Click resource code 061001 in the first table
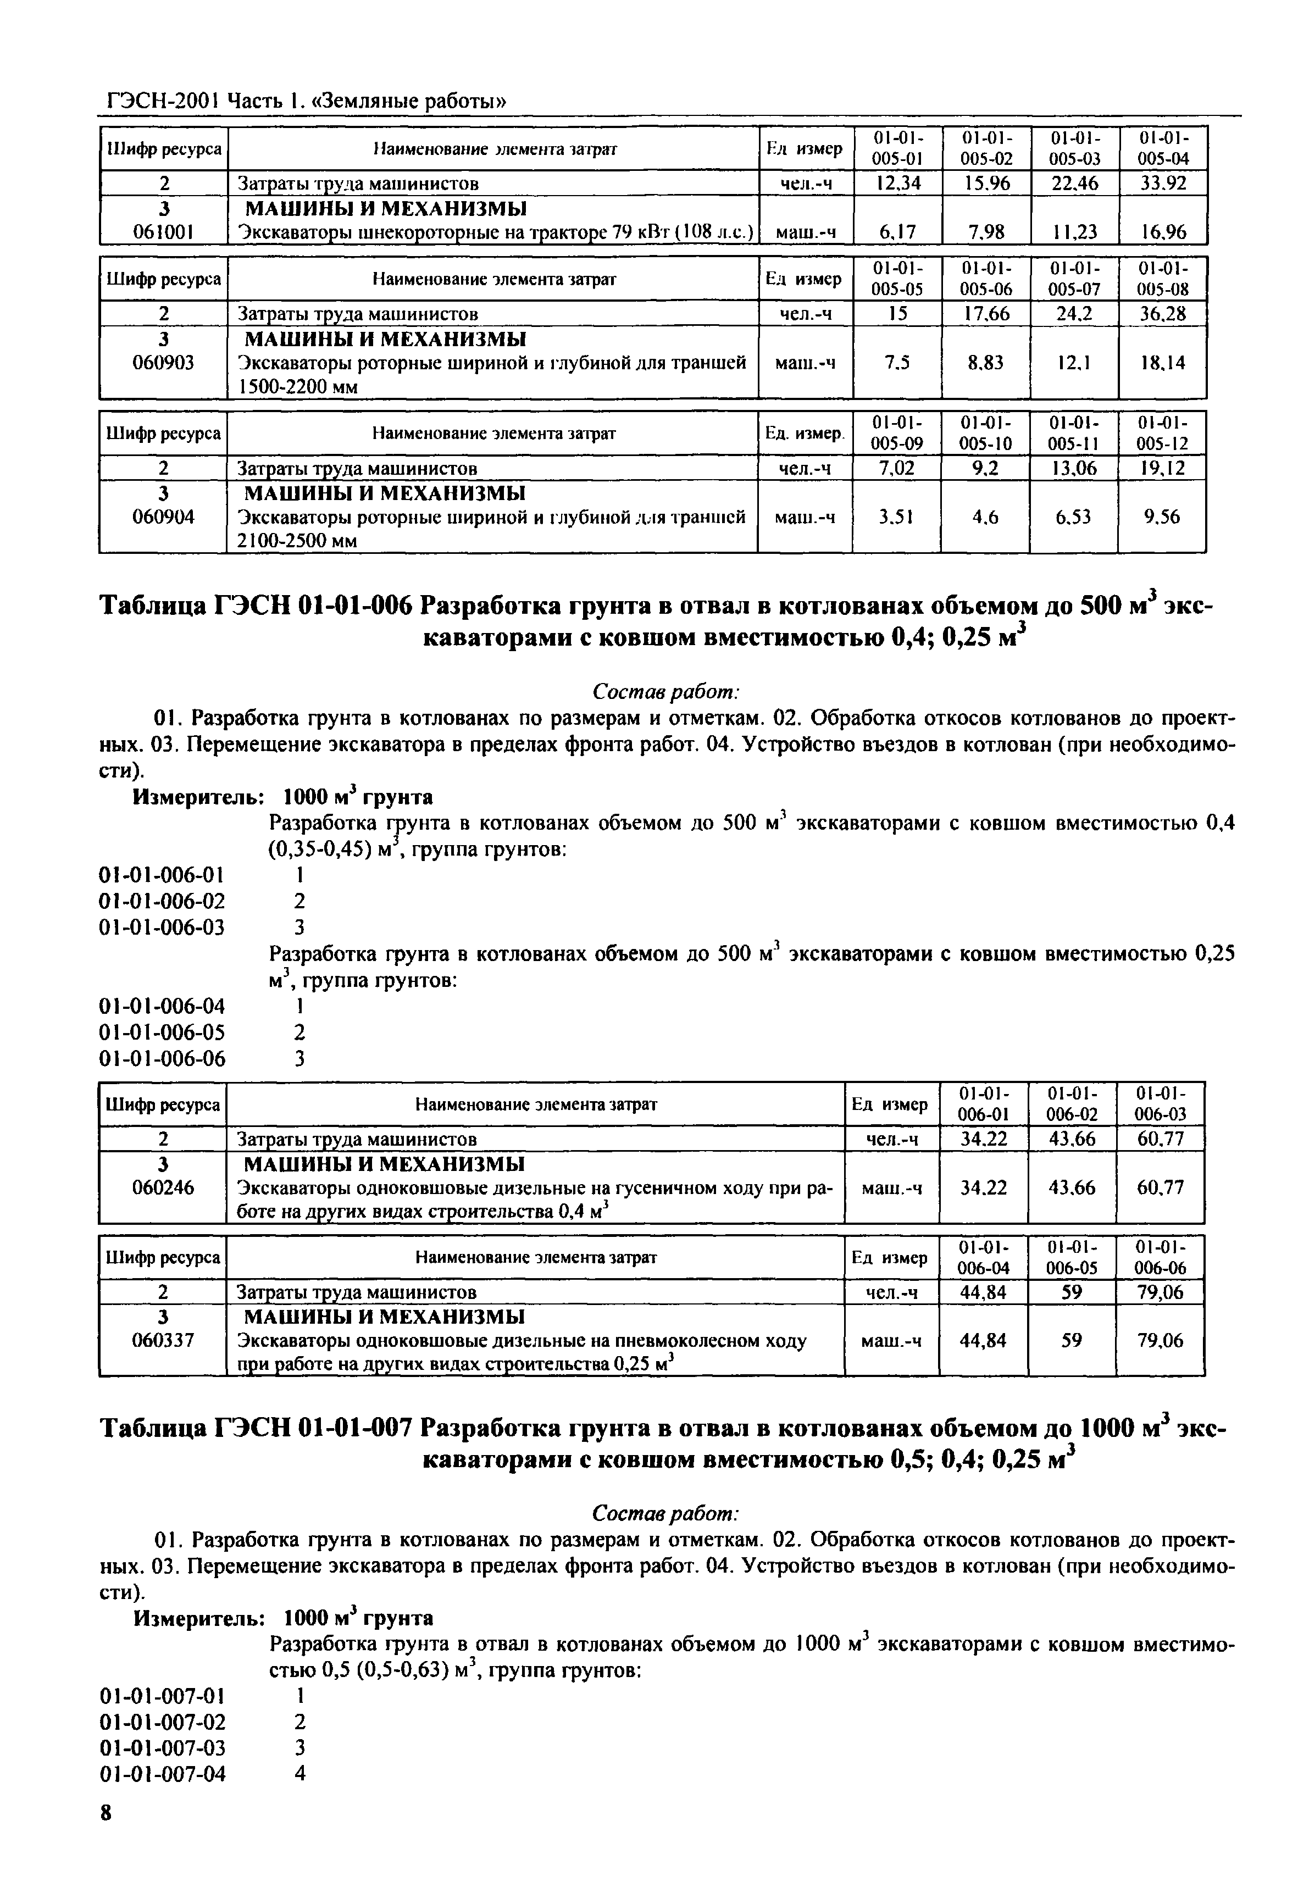163,232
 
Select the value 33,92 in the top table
1163,184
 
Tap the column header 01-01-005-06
986,278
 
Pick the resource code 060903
163,363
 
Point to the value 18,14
1163,363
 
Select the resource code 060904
163,517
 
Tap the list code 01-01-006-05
162,1032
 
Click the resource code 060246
163,1187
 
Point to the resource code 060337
163,1340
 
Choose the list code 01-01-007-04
162,1774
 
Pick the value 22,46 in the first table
1074,184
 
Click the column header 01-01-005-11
1074,432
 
